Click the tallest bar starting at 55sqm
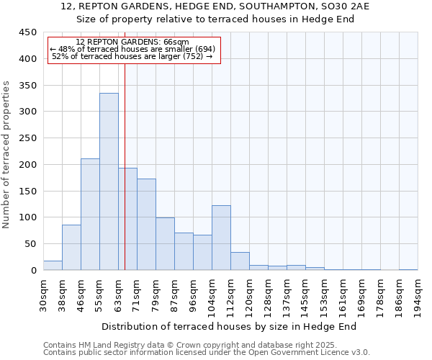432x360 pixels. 109,181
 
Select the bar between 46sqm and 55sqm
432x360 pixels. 90,215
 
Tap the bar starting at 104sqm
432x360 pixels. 221,238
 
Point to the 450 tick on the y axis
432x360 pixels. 27,32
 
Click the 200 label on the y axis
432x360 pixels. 27,165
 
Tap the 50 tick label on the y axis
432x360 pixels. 30,244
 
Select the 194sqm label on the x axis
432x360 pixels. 418,294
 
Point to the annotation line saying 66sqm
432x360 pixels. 132,42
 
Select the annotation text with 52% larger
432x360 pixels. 132,56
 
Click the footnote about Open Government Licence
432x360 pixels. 206,353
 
